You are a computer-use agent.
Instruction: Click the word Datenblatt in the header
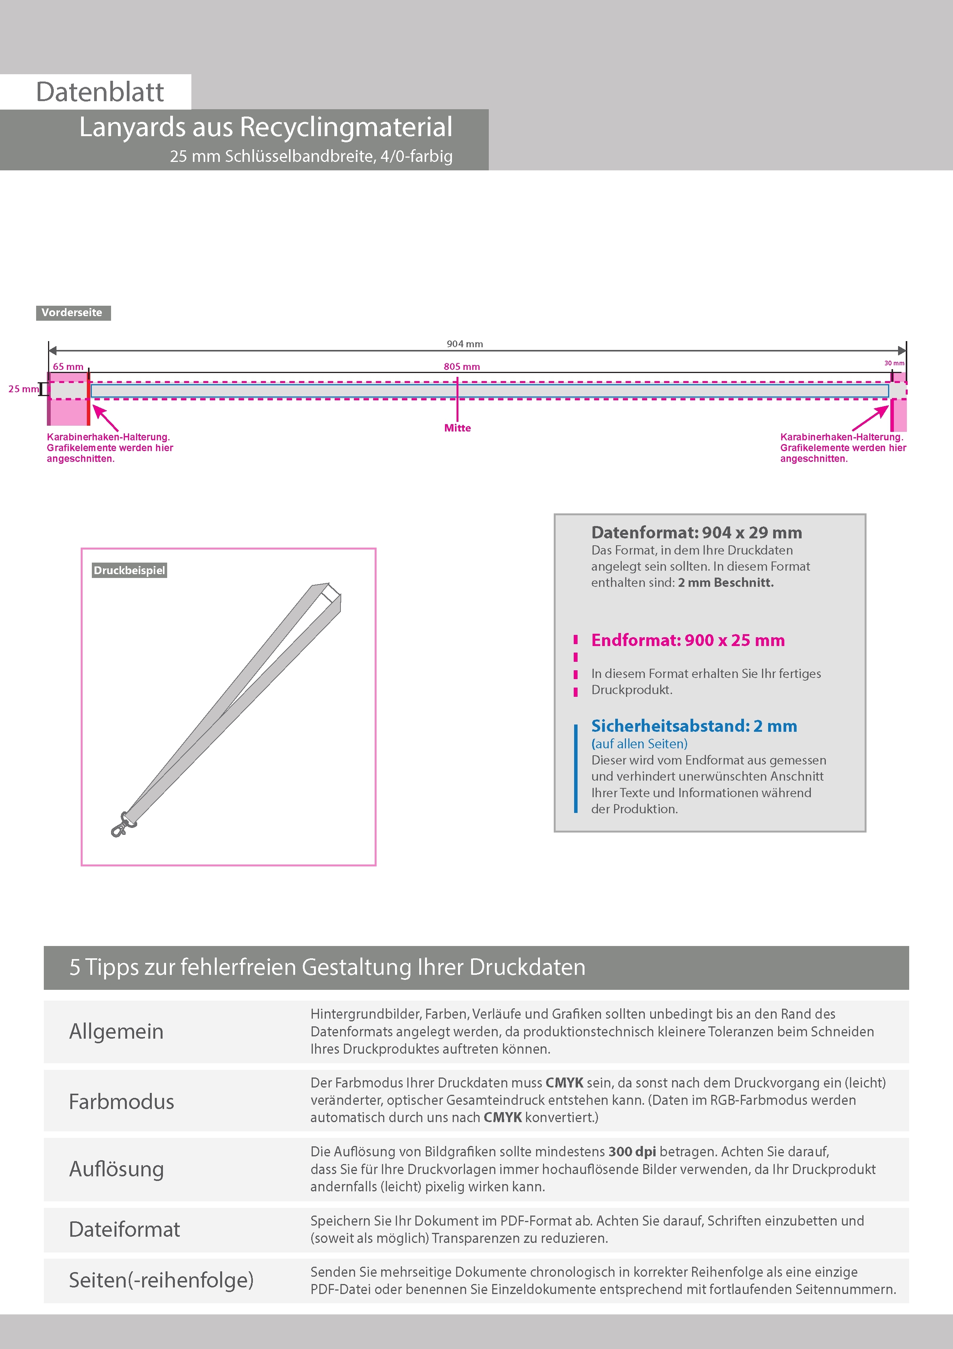coord(100,92)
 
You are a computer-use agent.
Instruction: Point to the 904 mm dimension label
coord(465,344)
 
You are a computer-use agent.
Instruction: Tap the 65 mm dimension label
coord(68,366)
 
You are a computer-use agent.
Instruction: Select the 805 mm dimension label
coord(462,366)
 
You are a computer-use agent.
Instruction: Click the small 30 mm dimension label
coord(894,363)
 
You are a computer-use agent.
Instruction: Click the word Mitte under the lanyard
coord(457,428)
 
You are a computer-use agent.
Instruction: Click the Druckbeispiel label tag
coord(129,571)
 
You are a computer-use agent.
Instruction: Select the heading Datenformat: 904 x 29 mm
coord(696,532)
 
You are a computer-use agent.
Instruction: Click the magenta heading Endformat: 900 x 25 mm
coord(687,640)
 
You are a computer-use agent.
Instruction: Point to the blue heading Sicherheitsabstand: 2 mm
coord(694,726)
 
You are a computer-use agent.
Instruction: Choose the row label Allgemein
coord(116,1031)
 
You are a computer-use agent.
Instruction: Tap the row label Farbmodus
coord(121,1101)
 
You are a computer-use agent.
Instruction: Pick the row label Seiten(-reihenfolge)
coord(161,1280)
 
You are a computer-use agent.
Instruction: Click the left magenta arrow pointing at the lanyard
coord(105,417)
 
